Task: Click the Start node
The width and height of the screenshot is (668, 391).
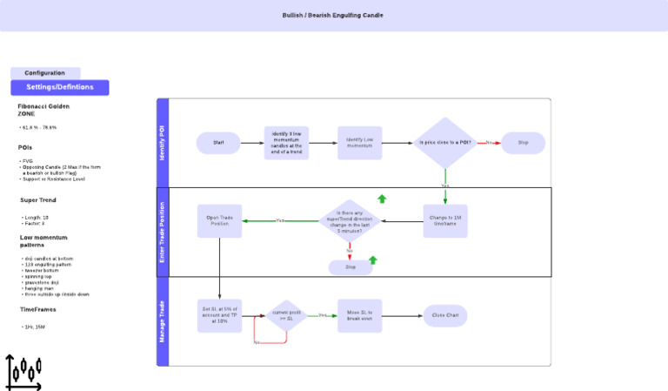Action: (x=218, y=143)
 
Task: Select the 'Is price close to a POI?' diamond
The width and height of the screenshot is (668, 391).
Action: (x=444, y=143)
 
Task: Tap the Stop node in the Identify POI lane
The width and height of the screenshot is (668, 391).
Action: (x=523, y=143)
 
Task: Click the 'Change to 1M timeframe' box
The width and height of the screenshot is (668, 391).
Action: (x=444, y=220)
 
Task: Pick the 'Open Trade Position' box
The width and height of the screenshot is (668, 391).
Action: (x=219, y=220)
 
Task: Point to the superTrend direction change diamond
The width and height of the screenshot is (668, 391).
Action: (x=350, y=220)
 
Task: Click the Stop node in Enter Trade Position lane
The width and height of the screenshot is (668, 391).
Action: (x=350, y=267)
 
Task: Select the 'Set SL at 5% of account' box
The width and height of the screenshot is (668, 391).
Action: (x=219, y=315)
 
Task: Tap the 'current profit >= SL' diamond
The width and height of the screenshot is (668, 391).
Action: (x=287, y=315)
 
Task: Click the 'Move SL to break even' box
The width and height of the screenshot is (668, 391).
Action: (x=359, y=315)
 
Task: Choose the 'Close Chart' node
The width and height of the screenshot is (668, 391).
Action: (x=444, y=315)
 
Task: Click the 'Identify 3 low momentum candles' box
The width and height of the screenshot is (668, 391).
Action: (x=286, y=143)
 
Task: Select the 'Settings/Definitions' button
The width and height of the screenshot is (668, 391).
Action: (x=59, y=87)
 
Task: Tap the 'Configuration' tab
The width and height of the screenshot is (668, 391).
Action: (x=45, y=73)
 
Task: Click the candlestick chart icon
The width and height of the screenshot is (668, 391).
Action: (x=23, y=372)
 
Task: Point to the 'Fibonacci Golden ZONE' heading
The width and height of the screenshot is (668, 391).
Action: (x=43, y=110)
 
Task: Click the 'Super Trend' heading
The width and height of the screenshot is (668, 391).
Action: (x=38, y=199)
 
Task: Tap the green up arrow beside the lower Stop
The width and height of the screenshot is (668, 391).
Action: (x=373, y=260)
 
